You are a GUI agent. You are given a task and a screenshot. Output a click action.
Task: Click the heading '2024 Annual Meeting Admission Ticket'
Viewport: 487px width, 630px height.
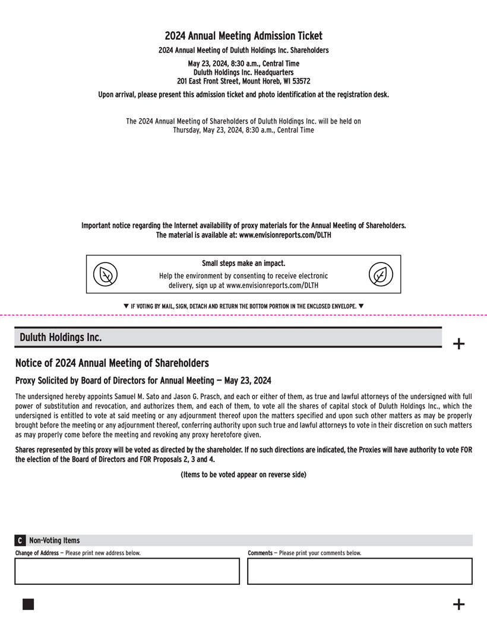pos(243,36)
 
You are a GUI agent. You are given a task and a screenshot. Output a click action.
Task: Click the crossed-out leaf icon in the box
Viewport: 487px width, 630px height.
pos(106,275)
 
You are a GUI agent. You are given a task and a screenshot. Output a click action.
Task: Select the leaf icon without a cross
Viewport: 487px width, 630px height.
pos(381,275)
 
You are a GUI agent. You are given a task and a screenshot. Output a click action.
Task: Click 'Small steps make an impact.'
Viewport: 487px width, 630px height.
pos(243,263)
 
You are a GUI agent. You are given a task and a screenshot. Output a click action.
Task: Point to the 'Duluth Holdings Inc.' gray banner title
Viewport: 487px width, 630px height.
pos(61,337)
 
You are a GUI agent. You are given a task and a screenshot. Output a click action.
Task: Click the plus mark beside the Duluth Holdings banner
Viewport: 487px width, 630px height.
pos(458,343)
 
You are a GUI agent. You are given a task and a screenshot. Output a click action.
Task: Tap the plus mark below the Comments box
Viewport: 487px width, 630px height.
pos(458,604)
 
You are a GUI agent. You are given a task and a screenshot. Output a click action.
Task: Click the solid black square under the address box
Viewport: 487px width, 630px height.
pos(28,604)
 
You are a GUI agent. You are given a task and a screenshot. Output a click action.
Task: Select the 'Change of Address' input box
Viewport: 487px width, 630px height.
pos(127,571)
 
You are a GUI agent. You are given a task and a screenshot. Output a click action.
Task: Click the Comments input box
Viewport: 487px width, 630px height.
pos(360,571)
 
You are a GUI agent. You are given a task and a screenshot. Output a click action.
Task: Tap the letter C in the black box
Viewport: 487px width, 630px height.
pos(20,540)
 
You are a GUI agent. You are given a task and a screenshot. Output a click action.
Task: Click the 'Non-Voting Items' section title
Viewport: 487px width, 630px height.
pos(54,540)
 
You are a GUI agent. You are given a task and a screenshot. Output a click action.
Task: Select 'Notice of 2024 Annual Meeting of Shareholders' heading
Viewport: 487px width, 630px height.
pos(112,363)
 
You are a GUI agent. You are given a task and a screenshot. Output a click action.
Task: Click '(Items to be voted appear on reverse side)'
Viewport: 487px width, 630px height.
pos(243,474)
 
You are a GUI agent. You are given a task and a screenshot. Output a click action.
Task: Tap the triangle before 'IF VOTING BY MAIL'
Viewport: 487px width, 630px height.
pos(126,306)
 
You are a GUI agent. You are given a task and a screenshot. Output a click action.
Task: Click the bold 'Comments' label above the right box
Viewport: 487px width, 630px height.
pos(260,553)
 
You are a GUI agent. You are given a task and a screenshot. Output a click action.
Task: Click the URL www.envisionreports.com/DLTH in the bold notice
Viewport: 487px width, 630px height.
pos(285,235)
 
